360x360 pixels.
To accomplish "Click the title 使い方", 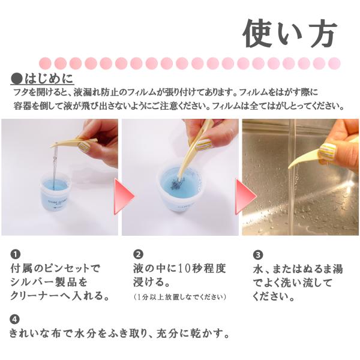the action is click(x=290, y=34).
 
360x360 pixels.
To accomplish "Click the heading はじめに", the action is click(x=49, y=79).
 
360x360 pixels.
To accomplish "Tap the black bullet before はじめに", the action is click(x=17, y=79).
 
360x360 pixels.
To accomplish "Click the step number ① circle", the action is click(x=16, y=254).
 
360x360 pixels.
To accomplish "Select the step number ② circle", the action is click(x=138, y=254).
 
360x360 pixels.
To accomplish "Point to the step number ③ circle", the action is click(x=258, y=255).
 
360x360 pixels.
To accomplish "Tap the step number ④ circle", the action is click(x=14, y=319).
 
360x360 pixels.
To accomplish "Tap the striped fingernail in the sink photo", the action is click(x=328, y=151).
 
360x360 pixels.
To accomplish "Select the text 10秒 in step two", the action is click(x=188, y=268).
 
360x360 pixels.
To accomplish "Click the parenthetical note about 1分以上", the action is click(x=179, y=297).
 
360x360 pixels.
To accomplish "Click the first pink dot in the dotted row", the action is click(x=45, y=63).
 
